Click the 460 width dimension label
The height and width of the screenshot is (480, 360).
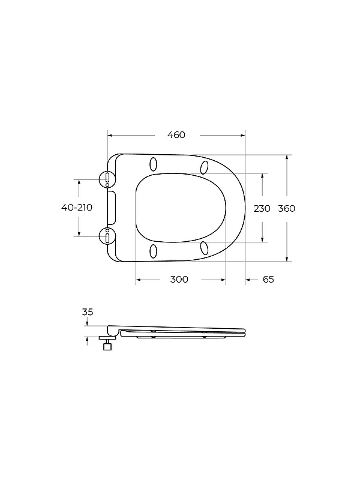[176, 135]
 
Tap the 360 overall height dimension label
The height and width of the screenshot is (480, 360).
[287, 208]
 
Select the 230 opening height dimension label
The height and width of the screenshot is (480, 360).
[262, 208]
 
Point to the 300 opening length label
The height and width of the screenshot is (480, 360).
[179, 280]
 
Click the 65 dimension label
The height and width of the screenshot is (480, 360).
[268, 280]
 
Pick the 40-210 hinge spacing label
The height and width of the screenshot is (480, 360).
[77, 208]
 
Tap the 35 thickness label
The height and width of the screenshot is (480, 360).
[88, 312]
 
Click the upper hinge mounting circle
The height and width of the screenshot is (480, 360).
[107, 179]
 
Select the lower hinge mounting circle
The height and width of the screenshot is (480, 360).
[107, 236]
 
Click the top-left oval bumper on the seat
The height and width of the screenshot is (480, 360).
[154, 164]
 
